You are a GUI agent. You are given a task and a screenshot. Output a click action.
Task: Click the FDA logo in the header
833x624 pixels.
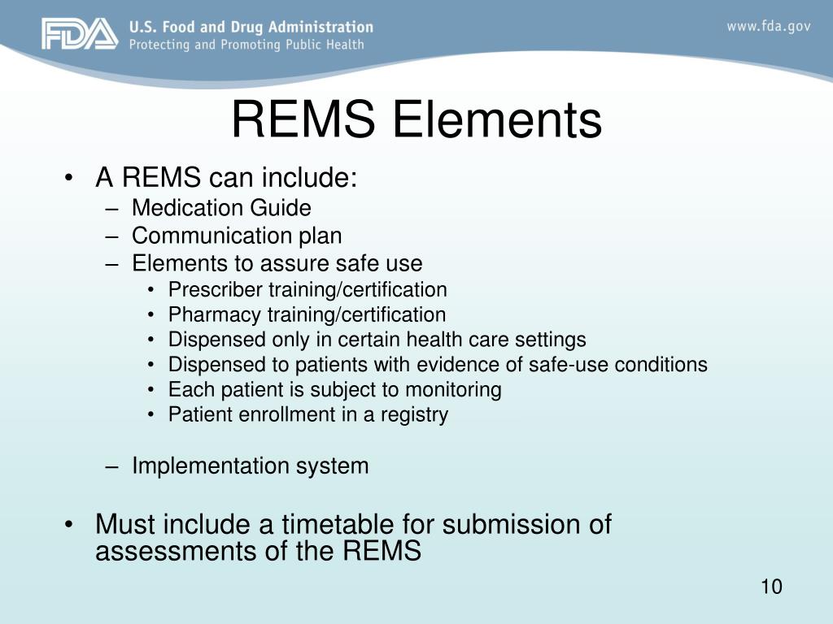point(80,34)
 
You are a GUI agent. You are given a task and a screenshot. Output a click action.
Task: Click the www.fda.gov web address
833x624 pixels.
point(768,26)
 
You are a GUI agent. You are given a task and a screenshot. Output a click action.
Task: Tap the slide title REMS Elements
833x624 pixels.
point(416,120)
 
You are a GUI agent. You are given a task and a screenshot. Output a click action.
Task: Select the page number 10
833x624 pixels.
point(771,587)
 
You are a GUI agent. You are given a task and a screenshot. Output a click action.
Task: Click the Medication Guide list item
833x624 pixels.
point(221,209)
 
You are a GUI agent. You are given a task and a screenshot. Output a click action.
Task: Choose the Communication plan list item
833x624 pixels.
point(237,236)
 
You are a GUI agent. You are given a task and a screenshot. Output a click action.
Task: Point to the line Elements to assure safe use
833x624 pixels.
point(277,263)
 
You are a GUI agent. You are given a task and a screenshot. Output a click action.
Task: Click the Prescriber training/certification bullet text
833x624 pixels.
point(307,290)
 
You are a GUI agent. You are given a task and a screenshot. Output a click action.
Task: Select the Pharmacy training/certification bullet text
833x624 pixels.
point(307,314)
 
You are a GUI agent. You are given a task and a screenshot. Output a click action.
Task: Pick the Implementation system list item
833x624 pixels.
point(250,466)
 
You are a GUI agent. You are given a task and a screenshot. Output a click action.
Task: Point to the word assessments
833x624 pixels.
point(168,552)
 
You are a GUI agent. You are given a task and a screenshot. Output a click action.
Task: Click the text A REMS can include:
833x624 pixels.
point(226,178)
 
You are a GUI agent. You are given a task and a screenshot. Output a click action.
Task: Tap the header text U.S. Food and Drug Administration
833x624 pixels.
point(251,28)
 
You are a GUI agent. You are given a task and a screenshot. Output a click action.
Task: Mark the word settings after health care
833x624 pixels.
point(552,340)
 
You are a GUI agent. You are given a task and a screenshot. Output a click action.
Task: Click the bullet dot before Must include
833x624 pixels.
point(72,525)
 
